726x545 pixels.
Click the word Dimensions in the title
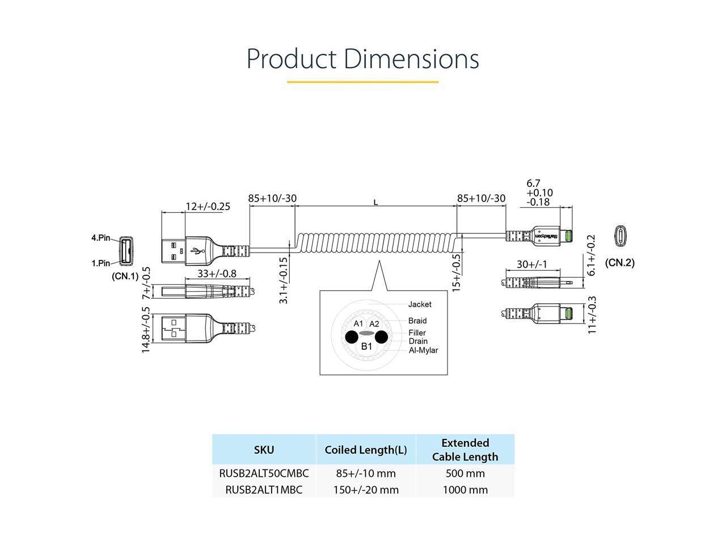(x=411, y=58)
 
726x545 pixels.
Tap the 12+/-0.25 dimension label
(x=208, y=206)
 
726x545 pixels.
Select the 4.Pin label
(x=101, y=237)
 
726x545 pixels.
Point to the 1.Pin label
(x=101, y=263)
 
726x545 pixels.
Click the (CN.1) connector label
(x=125, y=276)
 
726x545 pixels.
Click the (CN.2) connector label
(x=619, y=262)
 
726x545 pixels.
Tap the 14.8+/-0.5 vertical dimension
(x=146, y=330)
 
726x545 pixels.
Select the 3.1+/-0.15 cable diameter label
(x=284, y=280)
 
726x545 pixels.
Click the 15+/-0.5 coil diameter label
(x=457, y=272)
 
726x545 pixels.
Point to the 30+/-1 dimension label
(x=531, y=265)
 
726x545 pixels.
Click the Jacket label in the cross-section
(x=420, y=304)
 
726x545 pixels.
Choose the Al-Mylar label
(x=423, y=350)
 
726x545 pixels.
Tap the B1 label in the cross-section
(x=366, y=346)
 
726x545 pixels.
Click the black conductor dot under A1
(x=352, y=337)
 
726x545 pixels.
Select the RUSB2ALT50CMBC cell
(x=264, y=473)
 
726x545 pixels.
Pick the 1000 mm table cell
(x=465, y=489)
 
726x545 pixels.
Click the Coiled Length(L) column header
(x=366, y=450)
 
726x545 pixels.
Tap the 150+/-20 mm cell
(x=366, y=489)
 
